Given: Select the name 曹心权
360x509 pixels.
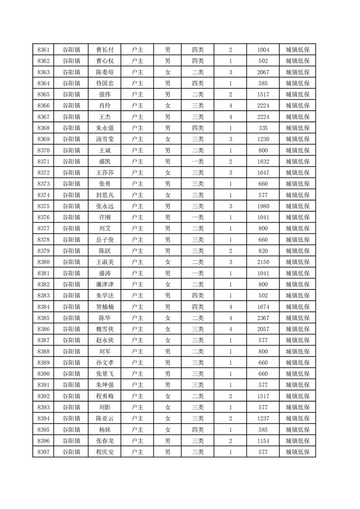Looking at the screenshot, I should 105,61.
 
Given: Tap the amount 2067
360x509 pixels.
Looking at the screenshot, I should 263,72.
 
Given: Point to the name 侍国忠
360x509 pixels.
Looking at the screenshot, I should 105,83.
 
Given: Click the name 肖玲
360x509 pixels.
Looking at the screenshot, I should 105,106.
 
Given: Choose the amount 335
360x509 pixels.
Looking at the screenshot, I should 263,128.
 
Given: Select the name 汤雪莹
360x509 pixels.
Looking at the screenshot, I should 105,139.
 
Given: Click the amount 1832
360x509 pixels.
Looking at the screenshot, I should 263,162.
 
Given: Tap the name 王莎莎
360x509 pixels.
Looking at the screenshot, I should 105,173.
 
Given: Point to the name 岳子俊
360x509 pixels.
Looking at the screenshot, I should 105,240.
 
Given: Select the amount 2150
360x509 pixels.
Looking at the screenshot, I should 263,262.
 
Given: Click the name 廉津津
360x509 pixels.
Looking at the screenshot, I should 105,284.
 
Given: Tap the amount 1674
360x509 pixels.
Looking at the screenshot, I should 263,307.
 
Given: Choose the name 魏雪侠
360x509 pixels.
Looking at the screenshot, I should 105,329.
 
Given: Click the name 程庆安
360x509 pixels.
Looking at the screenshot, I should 105,452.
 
